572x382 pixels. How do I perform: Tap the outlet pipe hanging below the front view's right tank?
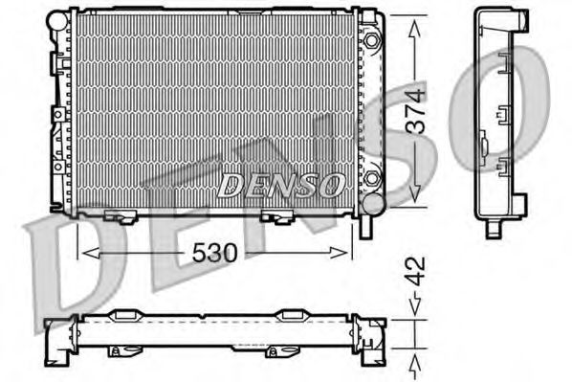[x=363, y=227]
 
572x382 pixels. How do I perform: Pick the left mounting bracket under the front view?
[x=121, y=215]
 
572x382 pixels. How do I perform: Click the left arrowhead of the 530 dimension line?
[x=86, y=252]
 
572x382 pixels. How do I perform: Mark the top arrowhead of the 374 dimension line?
[x=414, y=28]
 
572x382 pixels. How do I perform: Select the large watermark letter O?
[x=521, y=105]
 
